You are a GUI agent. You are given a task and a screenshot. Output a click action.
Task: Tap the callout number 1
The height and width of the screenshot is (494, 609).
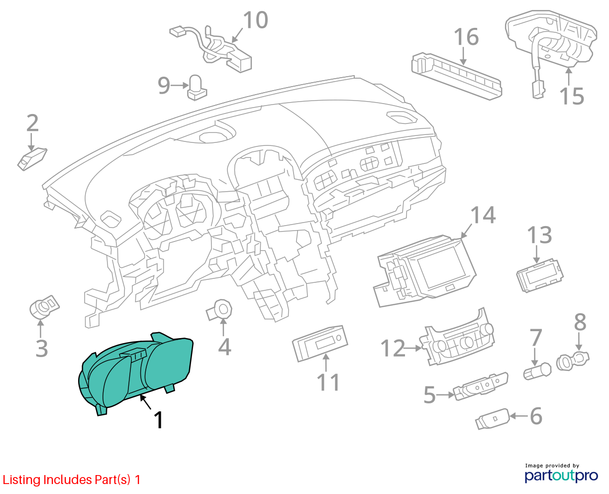(158, 420)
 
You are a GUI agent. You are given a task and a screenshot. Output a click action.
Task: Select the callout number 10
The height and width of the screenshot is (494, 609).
(255, 20)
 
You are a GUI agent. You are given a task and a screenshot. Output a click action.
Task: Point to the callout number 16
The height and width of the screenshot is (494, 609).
(466, 37)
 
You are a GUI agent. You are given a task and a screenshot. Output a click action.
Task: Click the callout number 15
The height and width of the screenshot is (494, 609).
(572, 96)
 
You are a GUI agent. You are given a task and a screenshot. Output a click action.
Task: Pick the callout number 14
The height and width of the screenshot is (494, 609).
(483, 215)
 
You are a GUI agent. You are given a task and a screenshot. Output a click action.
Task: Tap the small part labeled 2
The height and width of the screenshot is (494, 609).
(32, 160)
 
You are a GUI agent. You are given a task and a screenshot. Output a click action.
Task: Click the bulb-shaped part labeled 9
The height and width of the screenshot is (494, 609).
(197, 88)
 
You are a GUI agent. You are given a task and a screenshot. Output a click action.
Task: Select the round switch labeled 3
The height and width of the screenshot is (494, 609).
(44, 307)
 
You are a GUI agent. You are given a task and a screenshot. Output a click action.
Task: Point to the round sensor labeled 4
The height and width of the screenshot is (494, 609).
(219, 311)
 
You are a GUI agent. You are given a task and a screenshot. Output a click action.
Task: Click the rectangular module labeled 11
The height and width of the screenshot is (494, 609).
(320, 344)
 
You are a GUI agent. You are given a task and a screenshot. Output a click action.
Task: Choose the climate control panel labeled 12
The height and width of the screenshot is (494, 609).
(457, 339)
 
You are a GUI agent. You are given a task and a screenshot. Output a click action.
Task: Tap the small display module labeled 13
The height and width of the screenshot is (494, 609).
(540, 275)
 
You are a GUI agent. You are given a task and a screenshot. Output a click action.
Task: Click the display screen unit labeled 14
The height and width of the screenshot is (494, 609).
(424, 270)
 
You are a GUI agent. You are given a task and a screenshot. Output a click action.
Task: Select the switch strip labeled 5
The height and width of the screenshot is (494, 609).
(481, 386)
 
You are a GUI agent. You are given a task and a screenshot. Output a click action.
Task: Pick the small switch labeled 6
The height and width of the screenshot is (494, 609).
(493, 419)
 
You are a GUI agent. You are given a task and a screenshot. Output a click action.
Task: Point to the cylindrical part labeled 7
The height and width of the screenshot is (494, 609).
(537, 371)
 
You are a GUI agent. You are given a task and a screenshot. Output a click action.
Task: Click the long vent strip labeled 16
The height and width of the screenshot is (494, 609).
(457, 76)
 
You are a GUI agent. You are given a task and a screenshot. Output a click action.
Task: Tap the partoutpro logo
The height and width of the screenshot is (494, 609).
(561, 476)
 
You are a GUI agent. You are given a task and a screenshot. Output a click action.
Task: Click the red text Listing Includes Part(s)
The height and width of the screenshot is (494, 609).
(67, 480)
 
